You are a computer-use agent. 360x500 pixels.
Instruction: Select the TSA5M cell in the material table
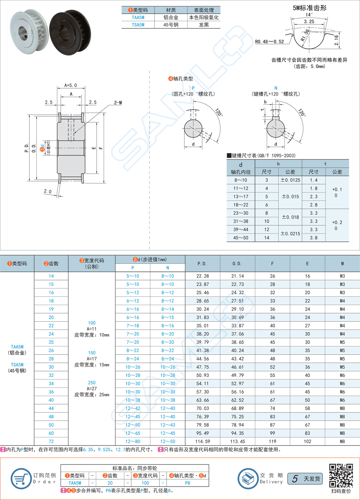coord(138,25)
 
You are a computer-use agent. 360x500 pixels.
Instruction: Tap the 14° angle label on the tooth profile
coord(309,15)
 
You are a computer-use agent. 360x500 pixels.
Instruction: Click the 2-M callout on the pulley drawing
coord(118,102)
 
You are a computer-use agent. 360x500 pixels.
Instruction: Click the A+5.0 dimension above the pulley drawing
coord(70,85)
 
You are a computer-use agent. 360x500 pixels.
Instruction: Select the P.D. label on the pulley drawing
coord(27,148)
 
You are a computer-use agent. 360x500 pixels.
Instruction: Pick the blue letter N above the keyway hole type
coord(275,87)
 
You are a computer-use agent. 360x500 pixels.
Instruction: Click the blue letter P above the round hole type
coord(193,87)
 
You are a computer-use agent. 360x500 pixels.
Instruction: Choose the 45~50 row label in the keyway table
coord(241,238)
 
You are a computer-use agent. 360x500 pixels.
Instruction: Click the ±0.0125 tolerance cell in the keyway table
coord(290,180)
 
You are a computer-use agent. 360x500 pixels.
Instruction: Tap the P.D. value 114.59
coord(202,441)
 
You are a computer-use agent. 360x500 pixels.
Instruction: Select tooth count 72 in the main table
coord(51,441)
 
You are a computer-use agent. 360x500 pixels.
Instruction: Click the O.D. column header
coord(237,263)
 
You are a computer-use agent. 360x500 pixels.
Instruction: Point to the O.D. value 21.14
coord(237,276)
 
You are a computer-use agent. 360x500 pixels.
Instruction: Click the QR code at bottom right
coord(341,475)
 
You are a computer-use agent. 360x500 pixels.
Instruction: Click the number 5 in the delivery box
coord(294,479)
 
